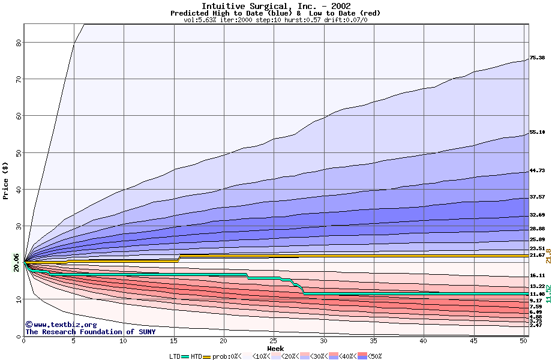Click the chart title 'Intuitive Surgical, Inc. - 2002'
[x=275, y=6]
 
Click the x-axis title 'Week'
[x=275, y=349]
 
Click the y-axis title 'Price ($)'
[x=6, y=180]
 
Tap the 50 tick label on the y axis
[x=19, y=153]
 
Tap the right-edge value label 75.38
[x=537, y=58]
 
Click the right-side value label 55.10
[x=537, y=133]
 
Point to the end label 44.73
[x=537, y=171]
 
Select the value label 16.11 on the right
[x=537, y=275]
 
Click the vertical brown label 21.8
[x=548, y=256]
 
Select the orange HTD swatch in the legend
[x=208, y=356]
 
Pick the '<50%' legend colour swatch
[x=362, y=356]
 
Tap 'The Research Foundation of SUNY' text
[x=90, y=332]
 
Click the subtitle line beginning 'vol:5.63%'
[x=275, y=20]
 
